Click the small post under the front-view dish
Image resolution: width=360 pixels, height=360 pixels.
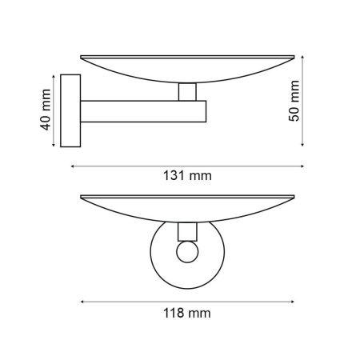point(186,232)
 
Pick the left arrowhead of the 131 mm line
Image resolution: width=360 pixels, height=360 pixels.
point(73,166)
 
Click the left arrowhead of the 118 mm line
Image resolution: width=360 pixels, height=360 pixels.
point(82,301)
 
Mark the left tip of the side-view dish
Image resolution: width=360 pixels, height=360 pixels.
point(81,57)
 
